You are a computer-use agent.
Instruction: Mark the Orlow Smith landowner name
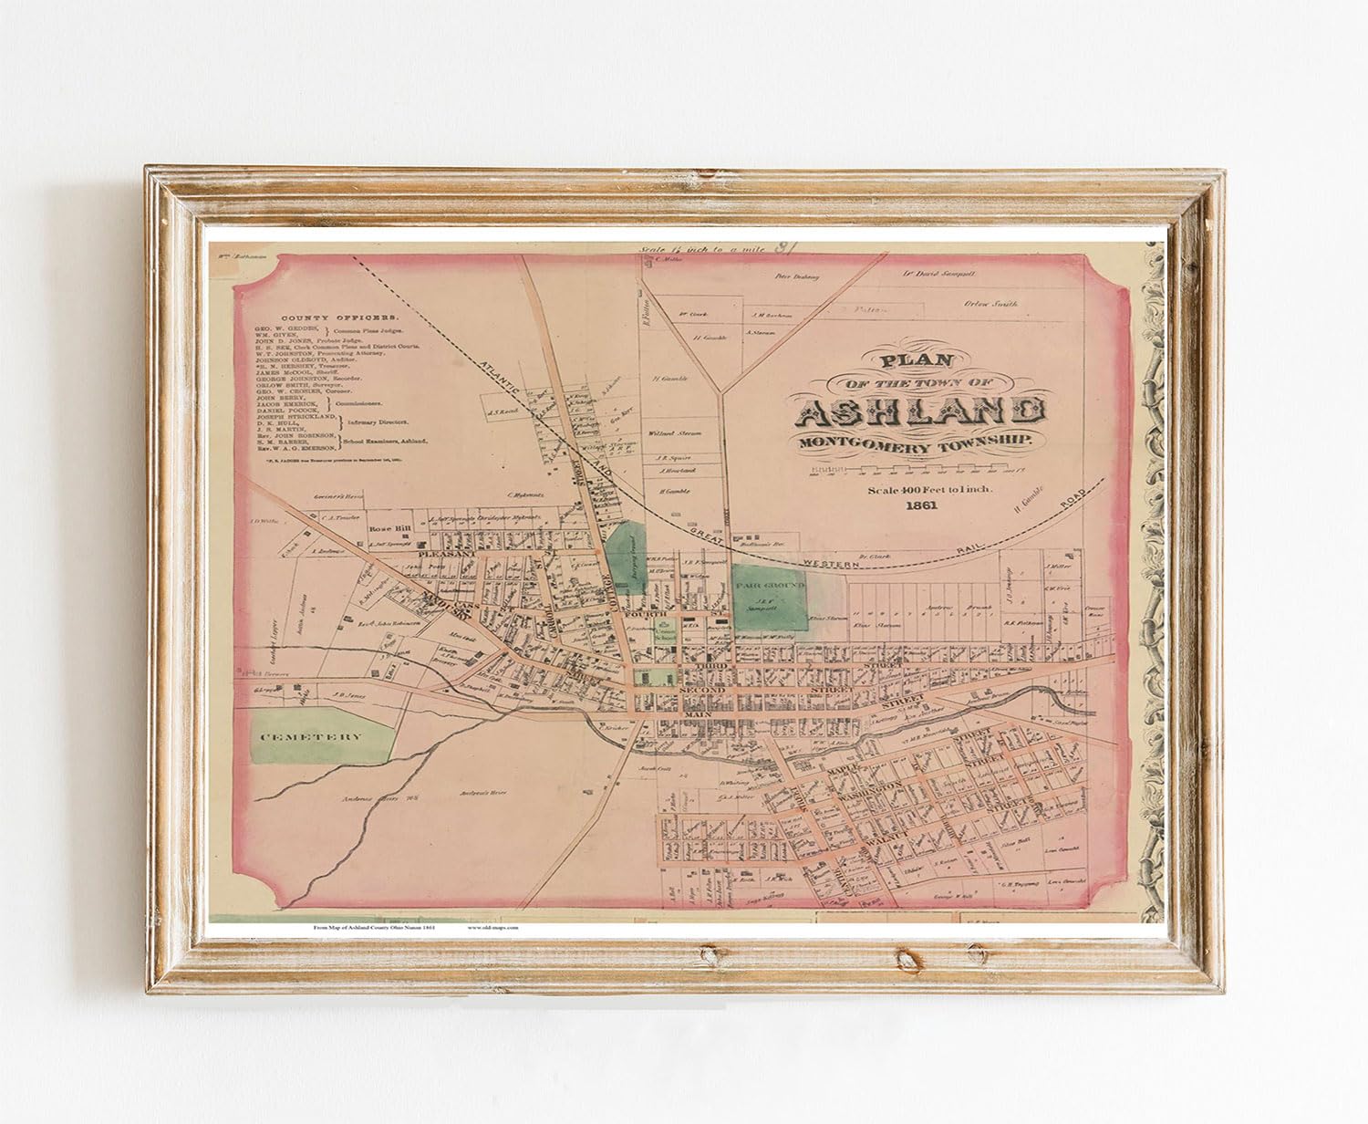[990, 304]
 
